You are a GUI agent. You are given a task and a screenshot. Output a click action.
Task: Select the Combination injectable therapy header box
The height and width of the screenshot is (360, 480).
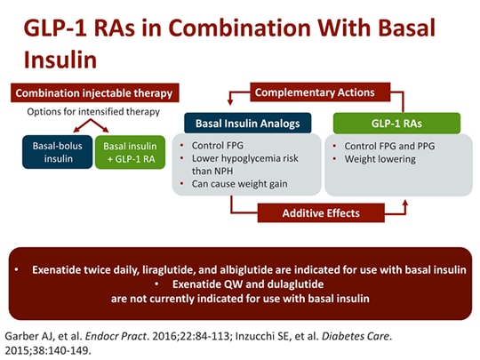(94, 92)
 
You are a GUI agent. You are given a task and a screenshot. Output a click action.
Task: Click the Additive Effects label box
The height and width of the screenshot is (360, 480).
(321, 212)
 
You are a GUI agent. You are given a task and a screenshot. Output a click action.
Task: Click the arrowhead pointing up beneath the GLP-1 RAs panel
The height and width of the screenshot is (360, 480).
(405, 202)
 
